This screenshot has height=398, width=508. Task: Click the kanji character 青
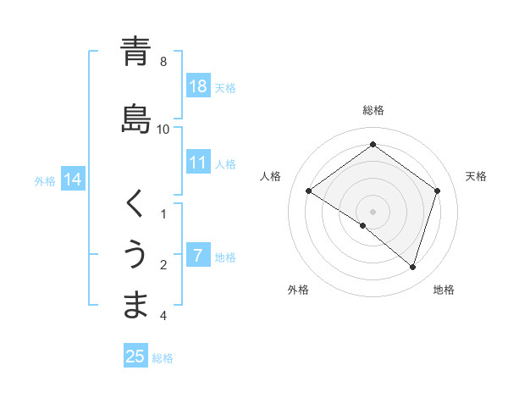click(x=135, y=53)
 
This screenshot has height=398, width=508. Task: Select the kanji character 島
click(x=135, y=119)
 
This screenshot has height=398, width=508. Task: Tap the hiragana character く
click(x=135, y=204)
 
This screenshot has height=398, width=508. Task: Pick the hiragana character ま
click(x=135, y=305)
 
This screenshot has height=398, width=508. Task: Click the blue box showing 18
click(x=198, y=86)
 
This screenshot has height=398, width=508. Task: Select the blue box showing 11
click(x=198, y=163)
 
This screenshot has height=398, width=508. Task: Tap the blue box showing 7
click(x=198, y=256)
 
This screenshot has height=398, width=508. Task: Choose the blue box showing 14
click(x=73, y=180)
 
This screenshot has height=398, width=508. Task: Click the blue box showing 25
click(x=135, y=357)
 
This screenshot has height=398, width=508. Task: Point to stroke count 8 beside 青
click(x=163, y=62)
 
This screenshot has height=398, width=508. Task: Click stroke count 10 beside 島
click(x=163, y=129)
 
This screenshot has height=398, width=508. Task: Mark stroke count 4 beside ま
click(x=163, y=316)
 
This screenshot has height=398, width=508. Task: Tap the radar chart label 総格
click(x=373, y=110)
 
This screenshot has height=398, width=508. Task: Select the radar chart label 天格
click(x=476, y=176)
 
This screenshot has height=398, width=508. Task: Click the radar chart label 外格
click(x=298, y=290)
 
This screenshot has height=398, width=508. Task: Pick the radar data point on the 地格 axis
click(x=413, y=267)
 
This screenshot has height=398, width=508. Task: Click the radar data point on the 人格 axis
click(x=308, y=191)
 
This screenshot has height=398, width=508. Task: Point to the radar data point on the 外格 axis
click(x=363, y=225)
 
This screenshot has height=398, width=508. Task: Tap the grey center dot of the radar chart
click(x=373, y=211)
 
